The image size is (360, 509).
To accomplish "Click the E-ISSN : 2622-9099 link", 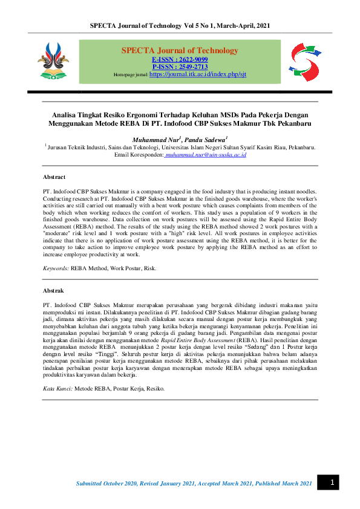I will coord(180,59).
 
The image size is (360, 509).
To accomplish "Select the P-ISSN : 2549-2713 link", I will coord(180,66).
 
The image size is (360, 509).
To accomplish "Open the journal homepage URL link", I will coord(198,74).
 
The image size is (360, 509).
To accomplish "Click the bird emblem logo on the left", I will coord(53,61).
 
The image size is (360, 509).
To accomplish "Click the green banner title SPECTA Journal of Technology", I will coord(180,50).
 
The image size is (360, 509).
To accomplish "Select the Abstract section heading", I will coord(54,177).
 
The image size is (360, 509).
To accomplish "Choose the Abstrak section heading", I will coord(53,291).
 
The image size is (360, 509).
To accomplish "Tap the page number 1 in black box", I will coord(332,482).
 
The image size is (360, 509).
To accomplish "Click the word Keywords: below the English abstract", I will coord(56,268).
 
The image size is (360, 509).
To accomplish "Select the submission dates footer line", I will coord(194,483).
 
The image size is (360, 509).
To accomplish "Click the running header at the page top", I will coord(180,25).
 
